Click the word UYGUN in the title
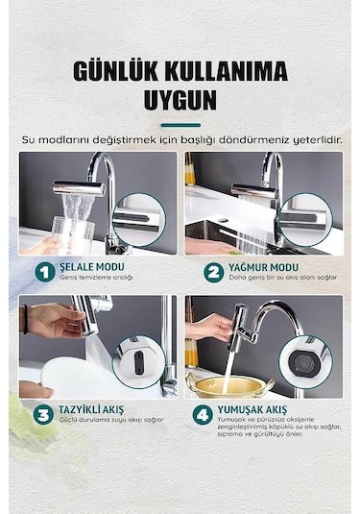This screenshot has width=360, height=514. pos(180,100)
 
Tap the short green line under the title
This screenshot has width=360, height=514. pos(180,124)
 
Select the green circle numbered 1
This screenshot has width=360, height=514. pos(43,272)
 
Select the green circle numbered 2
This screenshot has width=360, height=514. pos(211,272)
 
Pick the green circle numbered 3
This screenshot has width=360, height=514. pos(43,416)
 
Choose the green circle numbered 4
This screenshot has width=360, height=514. pos(203,416)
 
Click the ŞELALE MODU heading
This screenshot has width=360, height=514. pos(96,267)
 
